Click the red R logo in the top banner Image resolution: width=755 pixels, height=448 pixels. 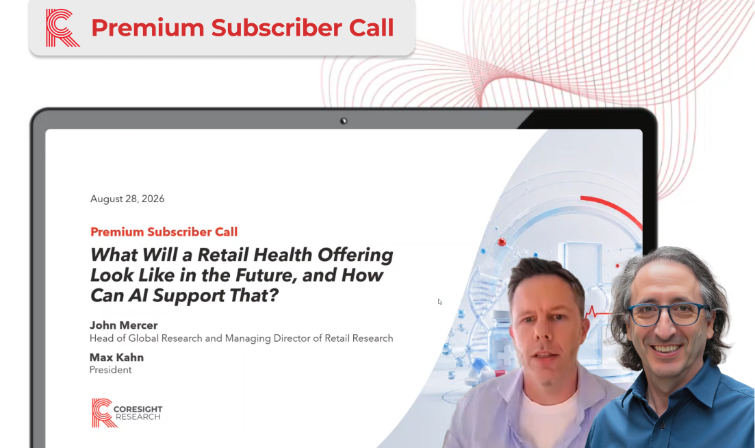(62, 28)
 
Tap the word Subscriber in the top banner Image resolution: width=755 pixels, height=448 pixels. (277, 27)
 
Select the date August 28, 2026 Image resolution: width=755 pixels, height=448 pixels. (127, 199)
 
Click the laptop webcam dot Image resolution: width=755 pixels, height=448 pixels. (344, 121)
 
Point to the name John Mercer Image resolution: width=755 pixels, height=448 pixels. (124, 325)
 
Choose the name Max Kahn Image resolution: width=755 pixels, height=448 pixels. (116, 358)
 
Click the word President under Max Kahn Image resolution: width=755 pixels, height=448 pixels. (110, 370)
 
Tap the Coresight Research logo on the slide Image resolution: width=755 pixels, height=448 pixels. (127, 413)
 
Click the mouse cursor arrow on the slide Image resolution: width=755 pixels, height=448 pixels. (439, 302)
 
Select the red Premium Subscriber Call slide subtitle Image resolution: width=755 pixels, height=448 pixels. (164, 232)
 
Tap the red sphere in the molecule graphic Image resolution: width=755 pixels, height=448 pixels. (502, 242)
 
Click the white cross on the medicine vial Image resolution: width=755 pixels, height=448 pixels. (506, 356)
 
